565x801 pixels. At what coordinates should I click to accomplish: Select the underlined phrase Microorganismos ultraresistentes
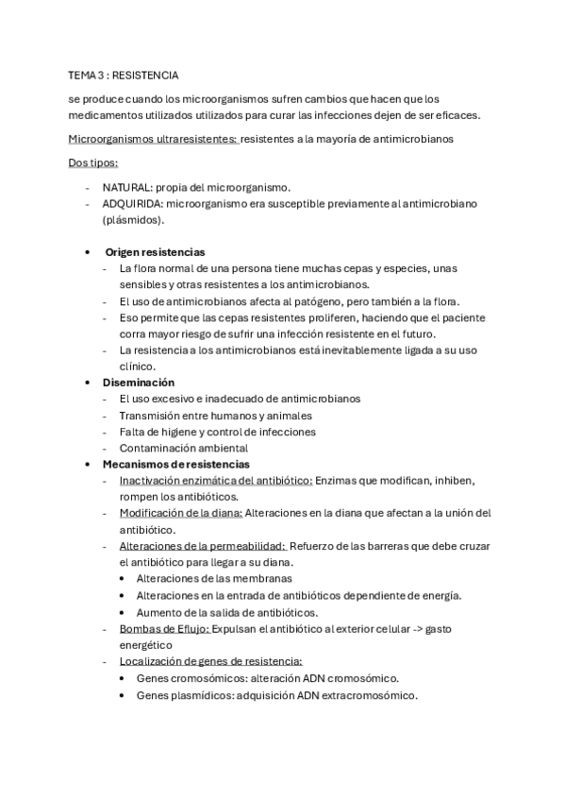click(153, 139)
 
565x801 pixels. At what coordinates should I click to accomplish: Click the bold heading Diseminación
click(139, 383)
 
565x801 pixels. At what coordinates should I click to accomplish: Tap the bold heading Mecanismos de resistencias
click(175, 464)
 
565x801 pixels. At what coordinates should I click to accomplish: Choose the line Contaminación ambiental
click(183, 448)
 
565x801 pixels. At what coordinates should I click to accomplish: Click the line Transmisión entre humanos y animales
click(216, 416)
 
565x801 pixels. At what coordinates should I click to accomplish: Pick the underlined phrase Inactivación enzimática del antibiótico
click(216, 480)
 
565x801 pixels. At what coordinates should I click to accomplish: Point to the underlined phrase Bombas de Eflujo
click(164, 627)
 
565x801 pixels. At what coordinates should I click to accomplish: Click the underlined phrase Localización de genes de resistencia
click(210, 660)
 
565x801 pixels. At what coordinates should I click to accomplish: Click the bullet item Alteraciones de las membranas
click(214, 578)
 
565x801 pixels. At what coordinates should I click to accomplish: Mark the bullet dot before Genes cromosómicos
click(125, 678)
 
